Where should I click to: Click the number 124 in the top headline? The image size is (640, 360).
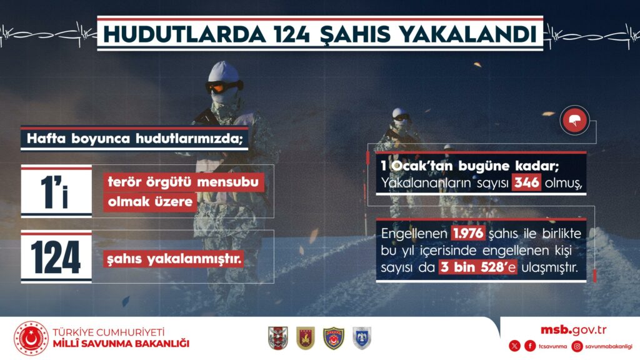pos(292,34)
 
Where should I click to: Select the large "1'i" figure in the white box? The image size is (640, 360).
pos(55,192)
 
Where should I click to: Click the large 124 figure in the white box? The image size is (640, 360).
pos(56,257)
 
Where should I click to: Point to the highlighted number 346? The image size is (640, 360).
pos(526,182)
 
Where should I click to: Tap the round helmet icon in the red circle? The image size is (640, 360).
pos(575,121)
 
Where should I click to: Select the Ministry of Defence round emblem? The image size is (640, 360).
pos(31,338)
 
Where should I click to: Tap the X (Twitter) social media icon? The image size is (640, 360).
pos(515,346)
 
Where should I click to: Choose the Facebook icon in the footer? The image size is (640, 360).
pos(530,346)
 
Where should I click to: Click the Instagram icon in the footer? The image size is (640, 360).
pos(577,346)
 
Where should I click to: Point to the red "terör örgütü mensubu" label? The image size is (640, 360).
pos(183,182)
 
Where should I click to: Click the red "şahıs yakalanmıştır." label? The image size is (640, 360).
pos(174,259)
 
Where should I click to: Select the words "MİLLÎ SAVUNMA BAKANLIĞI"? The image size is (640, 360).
pos(121,344)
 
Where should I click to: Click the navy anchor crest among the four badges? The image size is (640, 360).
pos(334,338)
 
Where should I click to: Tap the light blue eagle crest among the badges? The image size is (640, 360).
pos(362,338)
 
